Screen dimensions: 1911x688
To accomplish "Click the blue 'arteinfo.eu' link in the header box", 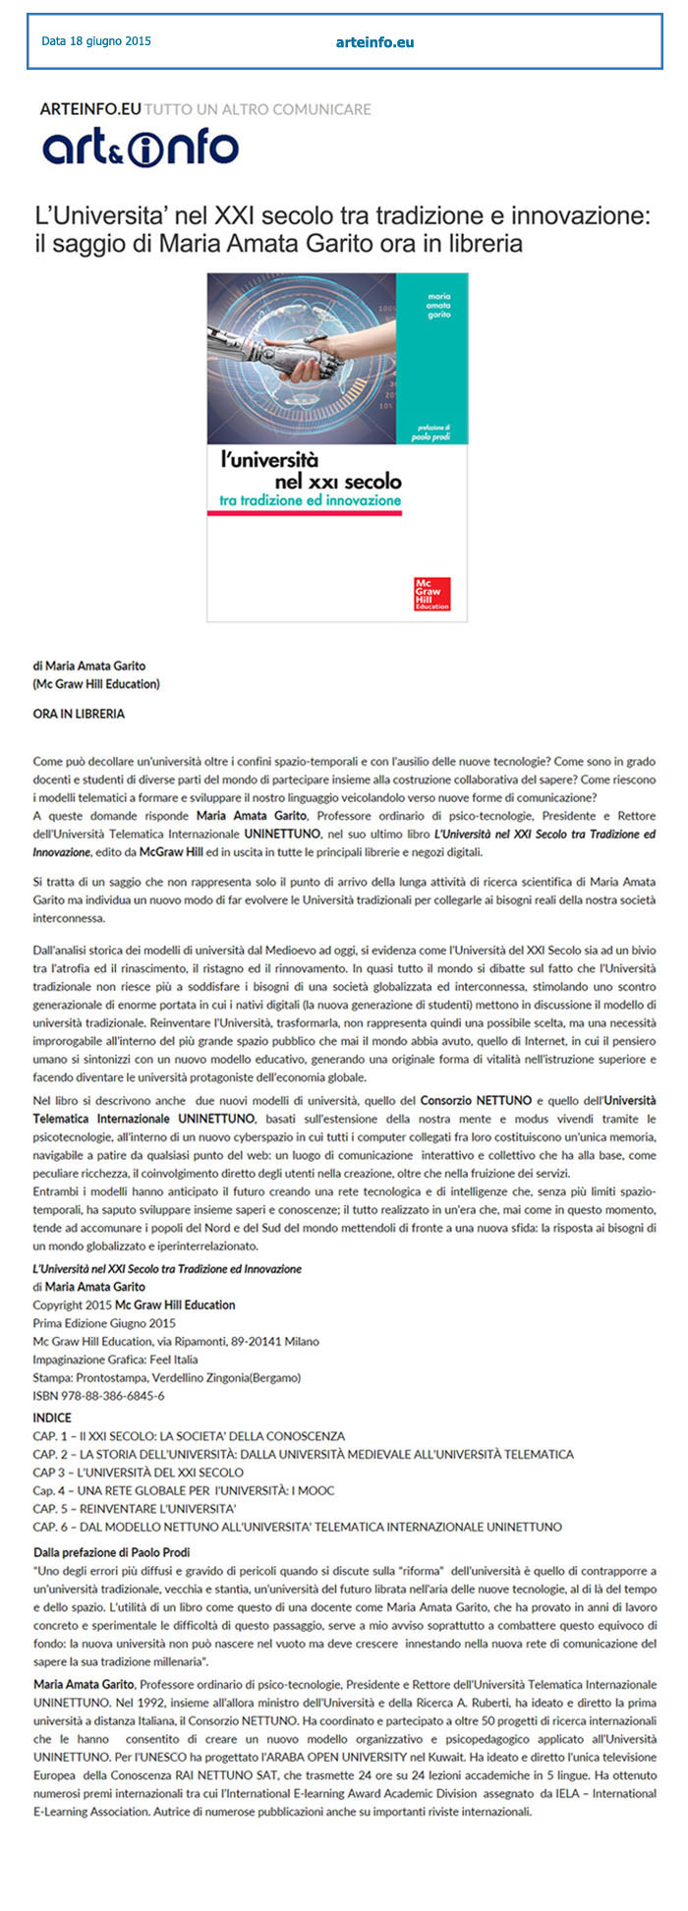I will click(374, 42).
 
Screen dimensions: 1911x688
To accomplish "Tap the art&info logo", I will click(140, 147).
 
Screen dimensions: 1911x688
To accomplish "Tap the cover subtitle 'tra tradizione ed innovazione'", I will click(310, 500).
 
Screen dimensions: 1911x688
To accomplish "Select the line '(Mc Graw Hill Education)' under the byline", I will click(96, 683).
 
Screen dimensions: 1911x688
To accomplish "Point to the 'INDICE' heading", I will click(52, 1418).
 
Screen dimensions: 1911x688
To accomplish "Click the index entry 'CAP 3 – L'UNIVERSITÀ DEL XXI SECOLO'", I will click(138, 1472).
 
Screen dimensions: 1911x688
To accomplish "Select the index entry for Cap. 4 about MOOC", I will click(183, 1490).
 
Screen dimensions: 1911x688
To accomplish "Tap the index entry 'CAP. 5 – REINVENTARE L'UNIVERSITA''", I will click(135, 1508).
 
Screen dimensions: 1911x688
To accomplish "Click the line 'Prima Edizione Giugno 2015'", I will click(104, 1323).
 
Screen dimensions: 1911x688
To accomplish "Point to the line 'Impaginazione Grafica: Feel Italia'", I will click(115, 1360).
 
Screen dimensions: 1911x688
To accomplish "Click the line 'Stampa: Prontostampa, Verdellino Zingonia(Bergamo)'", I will click(166, 1377).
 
